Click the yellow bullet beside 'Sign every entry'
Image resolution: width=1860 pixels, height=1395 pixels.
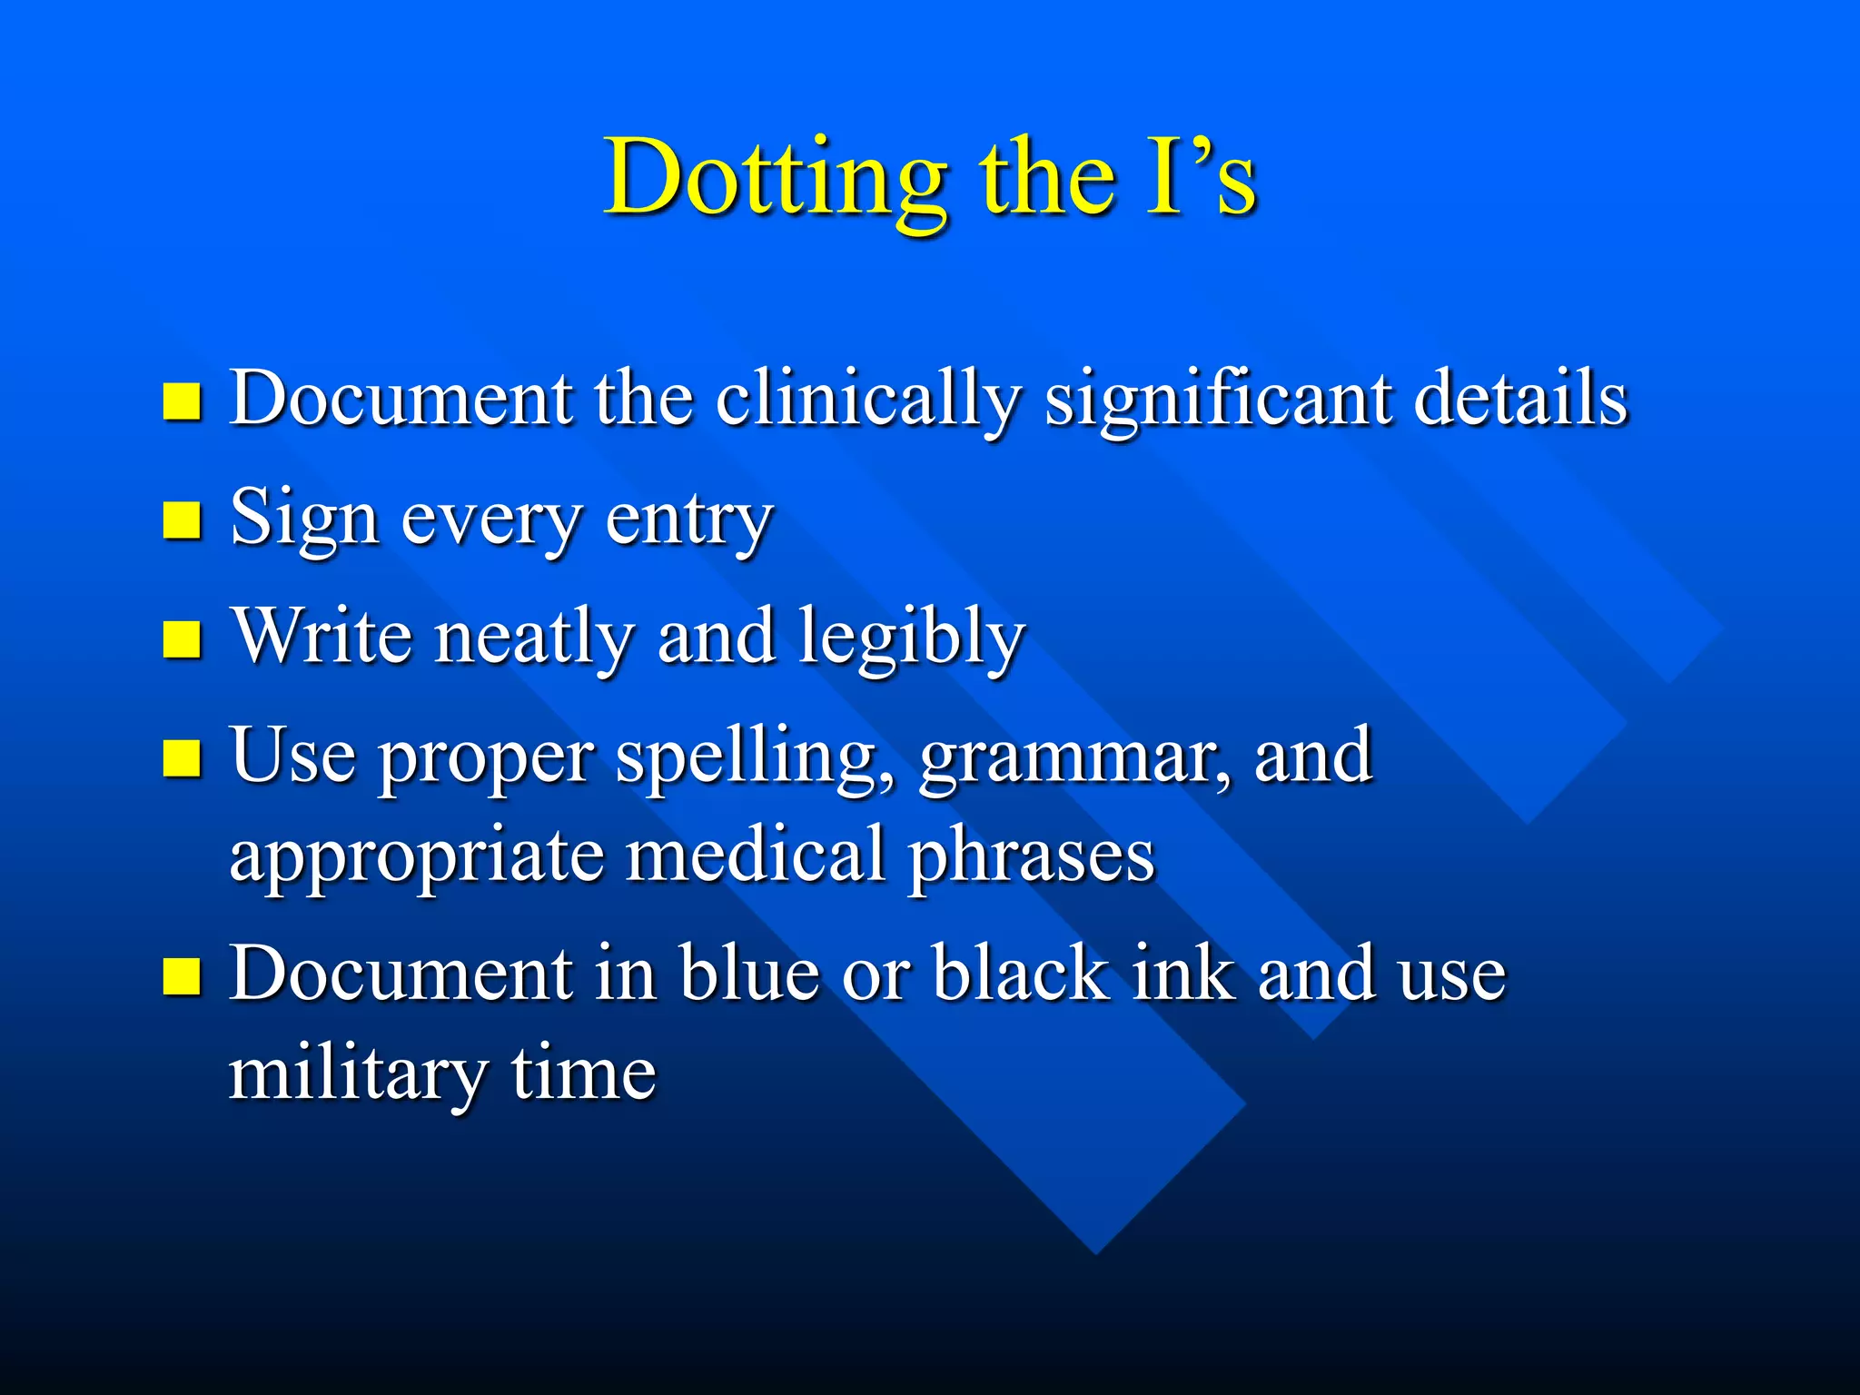click(182, 520)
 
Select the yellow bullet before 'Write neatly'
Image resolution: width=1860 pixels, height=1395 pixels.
click(182, 638)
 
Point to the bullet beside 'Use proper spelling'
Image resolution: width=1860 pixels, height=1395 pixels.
click(182, 758)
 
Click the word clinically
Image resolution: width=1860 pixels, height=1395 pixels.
click(868, 400)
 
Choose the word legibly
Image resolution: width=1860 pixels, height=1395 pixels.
click(912, 638)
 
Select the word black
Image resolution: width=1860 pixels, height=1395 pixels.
click(1022, 974)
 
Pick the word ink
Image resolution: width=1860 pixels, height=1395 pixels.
click(1183, 974)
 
